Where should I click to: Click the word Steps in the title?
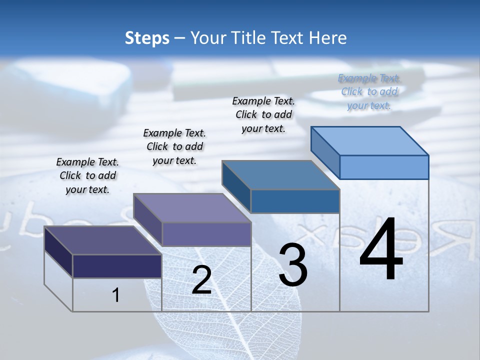147,38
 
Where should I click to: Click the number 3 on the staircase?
293,265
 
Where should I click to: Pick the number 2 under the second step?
201,280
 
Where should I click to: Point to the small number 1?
115,295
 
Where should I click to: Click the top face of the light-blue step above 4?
370,140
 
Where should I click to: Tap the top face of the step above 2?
192,208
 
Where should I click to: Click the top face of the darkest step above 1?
103,240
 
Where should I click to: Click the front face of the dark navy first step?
117,265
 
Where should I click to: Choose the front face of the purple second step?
206,234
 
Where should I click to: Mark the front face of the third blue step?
295,201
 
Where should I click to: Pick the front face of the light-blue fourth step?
384,167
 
